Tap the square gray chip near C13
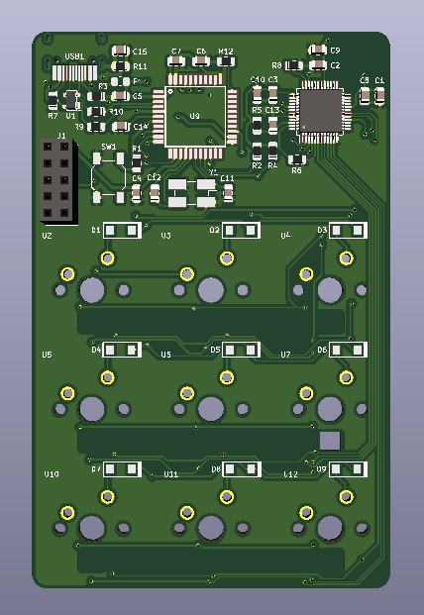pos(320,109)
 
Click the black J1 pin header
pos(54,180)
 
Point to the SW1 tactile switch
pos(108,175)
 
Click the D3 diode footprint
pos(348,231)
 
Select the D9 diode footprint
pos(348,468)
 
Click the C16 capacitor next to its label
pos(121,51)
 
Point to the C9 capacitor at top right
pos(317,50)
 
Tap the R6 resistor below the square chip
pos(296,157)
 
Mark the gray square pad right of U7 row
pos(330,441)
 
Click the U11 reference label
pos(171,475)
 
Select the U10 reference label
pos(52,475)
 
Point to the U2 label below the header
pos(47,238)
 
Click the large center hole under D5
pos(210,409)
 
